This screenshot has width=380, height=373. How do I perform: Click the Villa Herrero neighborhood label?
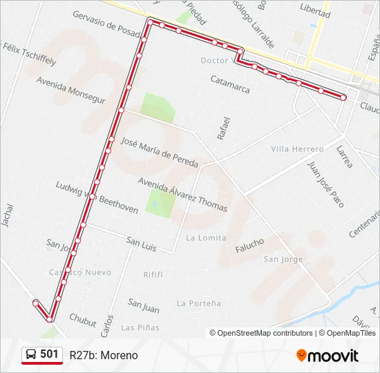pyautogui.click(x=297, y=149)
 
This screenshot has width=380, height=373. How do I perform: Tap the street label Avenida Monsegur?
pyautogui.click(x=71, y=90)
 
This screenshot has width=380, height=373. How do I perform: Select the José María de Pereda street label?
pyautogui.click(x=159, y=153)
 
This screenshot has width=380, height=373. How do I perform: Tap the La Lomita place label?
pyautogui.click(x=206, y=238)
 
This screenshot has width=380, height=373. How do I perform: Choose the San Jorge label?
pyautogui.click(x=283, y=259)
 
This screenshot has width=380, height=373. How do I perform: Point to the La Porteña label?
pyautogui.click(x=199, y=303)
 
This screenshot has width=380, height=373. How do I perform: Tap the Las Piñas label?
pyautogui.click(x=140, y=327)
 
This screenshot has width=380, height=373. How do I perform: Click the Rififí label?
pyautogui.click(x=153, y=274)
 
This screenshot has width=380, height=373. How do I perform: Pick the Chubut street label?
pyautogui.click(x=83, y=321)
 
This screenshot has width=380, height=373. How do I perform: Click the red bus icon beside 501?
pyautogui.click(x=32, y=354)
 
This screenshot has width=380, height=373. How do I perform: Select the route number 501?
pyautogui.click(x=49, y=354)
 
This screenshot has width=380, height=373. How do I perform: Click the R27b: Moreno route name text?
pyautogui.click(x=104, y=355)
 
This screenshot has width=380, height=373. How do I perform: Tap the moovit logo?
pyautogui.click(x=327, y=356)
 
